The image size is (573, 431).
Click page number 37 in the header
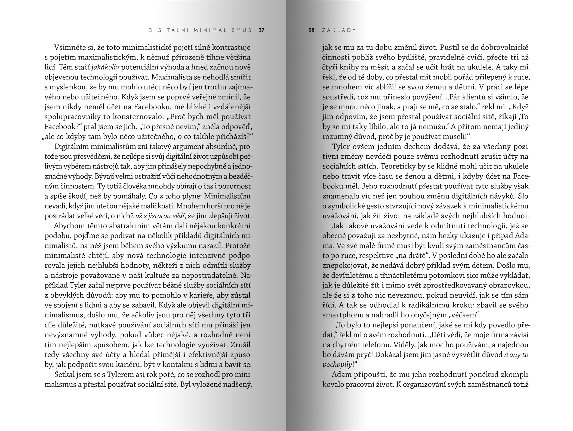(261, 30)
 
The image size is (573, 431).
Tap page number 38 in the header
(311, 30)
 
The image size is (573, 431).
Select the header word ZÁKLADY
(339, 30)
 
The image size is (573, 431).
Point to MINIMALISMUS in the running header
(223, 30)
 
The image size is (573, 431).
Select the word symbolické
(349, 206)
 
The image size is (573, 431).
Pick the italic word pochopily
(337, 365)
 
